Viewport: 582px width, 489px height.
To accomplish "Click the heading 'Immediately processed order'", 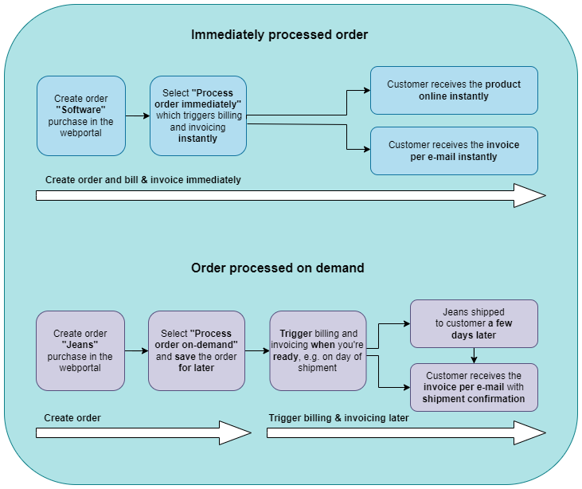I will click(x=279, y=35).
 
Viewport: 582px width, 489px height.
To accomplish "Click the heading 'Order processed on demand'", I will click(x=278, y=268).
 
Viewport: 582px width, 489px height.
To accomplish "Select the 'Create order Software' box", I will click(x=80, y=115).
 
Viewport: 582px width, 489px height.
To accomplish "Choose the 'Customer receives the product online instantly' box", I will click(x=454, y=90).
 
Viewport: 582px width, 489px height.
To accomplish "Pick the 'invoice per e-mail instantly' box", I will click(x=454, y=151).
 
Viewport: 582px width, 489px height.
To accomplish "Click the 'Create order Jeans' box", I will click(x=80, y=350).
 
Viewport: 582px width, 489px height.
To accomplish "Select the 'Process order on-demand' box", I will click(x=197, y=350).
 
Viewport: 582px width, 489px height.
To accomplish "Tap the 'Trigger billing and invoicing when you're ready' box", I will click(x=318, y=350).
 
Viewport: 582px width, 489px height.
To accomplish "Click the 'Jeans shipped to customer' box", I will click(x=474, y=323).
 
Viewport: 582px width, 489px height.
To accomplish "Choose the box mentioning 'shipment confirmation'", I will click(x=474, y=387).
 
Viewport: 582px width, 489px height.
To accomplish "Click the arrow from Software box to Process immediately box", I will click(x=138, y=115).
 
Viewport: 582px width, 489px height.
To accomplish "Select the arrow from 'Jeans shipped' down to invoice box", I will click(x=474, y=355).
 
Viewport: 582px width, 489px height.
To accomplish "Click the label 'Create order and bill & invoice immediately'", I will click(x=143, y=180).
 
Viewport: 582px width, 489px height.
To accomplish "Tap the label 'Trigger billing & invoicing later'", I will click(x=338, y=417).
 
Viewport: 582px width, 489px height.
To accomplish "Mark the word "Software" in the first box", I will click(x=80, y=110).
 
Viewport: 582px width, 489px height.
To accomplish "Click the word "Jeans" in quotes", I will click(x=80, y=345).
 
